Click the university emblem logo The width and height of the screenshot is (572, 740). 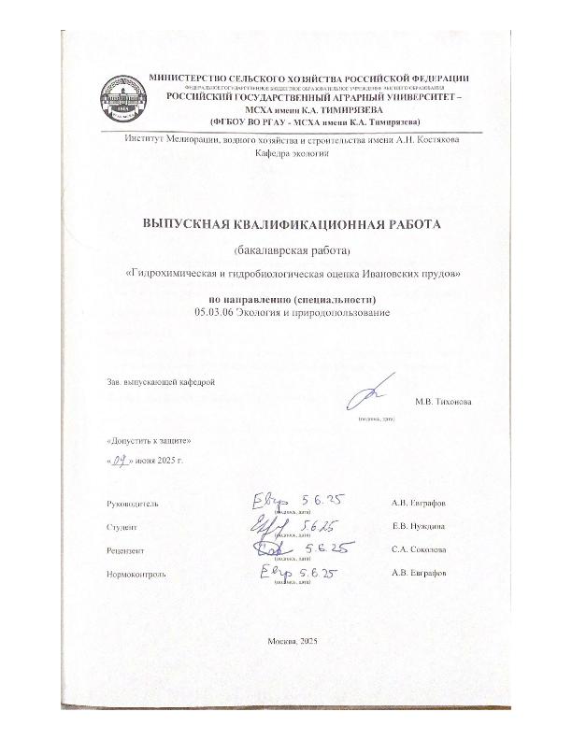(118, 101)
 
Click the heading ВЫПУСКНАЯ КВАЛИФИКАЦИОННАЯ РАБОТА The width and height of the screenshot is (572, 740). (285, 224)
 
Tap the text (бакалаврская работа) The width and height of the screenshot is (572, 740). (285, 250)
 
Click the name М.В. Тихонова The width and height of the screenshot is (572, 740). (443, 402)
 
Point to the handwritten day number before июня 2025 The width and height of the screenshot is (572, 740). (119, 461)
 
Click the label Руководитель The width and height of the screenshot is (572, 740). (134, 504)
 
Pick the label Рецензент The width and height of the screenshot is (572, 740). (127, 551)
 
